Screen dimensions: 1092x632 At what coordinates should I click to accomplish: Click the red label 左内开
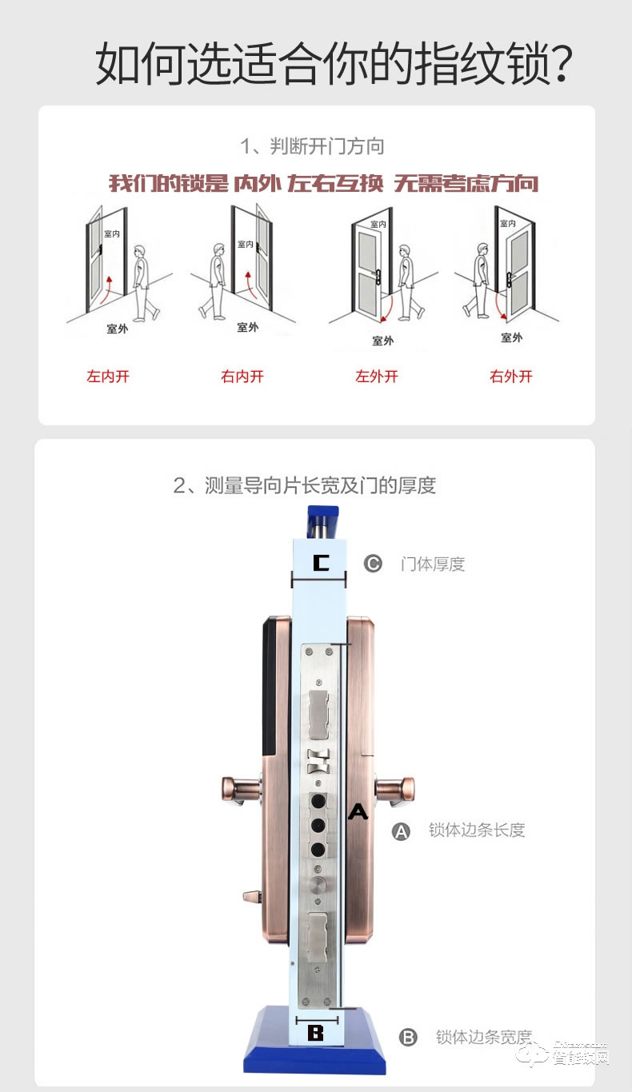(x=108, y=377)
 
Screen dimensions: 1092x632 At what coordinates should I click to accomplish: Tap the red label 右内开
(x=242, y=377)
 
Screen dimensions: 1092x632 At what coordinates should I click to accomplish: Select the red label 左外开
(x=377, y=377)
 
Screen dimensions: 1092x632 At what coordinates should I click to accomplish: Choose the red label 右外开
(x=511, y=377)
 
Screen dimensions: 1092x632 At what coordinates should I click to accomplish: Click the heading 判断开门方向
(x=313, y=146)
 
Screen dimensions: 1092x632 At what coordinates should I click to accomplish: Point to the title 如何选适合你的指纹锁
(x=334, y=65)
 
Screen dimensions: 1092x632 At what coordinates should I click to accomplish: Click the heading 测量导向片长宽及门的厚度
(x=305, y=485)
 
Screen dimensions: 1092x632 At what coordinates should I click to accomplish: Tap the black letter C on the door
(x=321, y=564)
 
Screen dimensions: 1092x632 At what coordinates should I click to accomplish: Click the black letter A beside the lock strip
(x=358, y=812)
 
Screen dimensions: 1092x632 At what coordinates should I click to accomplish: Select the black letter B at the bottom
(x=316, y=1033)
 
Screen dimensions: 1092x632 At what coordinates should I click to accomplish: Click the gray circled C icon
(x=374, y=564)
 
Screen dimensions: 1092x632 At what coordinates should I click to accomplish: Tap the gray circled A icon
(x=401, y=831)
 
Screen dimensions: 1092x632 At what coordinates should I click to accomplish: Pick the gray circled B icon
(x=408, y=1038)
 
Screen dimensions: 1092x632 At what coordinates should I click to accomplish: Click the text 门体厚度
(x=433, y=564)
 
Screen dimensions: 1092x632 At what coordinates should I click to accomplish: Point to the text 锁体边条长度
(x=477, y=830)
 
